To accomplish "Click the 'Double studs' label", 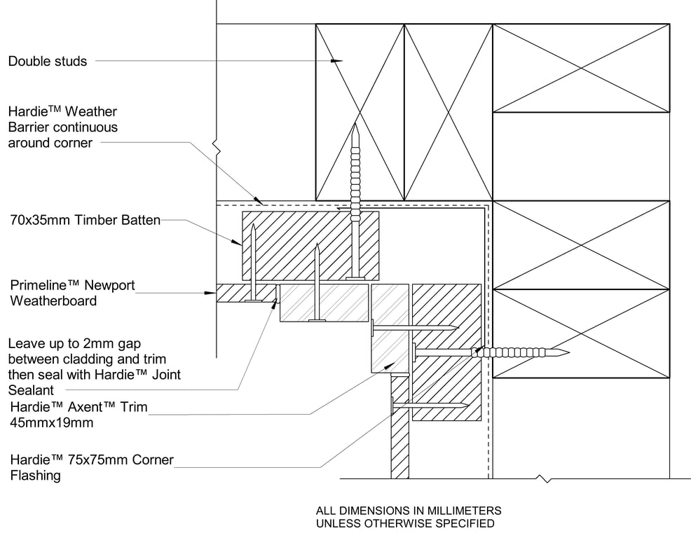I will click(x=48, y=62).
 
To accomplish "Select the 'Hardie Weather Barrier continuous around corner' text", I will click(x=63, y=127).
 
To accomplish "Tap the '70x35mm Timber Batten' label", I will click(x=85, y=220).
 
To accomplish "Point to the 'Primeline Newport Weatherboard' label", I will click(x=72, y=293).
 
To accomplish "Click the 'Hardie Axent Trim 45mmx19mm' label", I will click(x=78, y=415).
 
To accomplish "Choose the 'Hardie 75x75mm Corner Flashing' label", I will click(x=92, y=468).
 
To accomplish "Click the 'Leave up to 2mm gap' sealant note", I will click(x=95, y=366).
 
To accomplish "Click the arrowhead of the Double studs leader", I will click(x=338, y=62).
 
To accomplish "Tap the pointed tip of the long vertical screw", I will click(x=356, y=125).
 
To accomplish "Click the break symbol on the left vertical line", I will click(x=217, y=148).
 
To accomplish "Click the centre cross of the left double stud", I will click(x=360, y=112).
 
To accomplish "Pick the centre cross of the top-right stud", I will click(x=581, y=68).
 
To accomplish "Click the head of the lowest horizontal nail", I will click(x=394, y=404).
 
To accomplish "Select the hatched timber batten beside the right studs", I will click(x=446, y=352).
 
